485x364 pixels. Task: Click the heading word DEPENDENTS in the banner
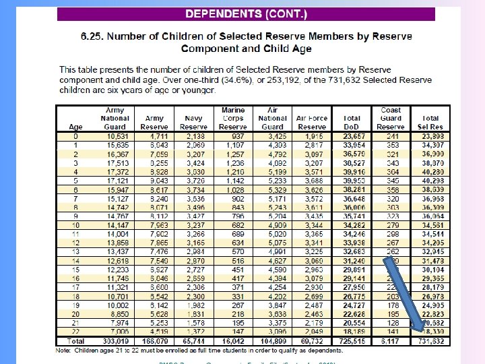click(224, 13)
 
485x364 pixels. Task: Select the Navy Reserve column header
click(193, 122)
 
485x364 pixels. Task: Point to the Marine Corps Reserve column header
click(233, 118)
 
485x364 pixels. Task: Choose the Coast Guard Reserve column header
click(391, 118)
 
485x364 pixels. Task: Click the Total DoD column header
click(352, 122)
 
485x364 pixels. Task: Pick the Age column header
click(75, 127)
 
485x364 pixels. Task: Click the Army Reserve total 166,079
click(154, 341)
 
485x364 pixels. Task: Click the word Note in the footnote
click(65, 349)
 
